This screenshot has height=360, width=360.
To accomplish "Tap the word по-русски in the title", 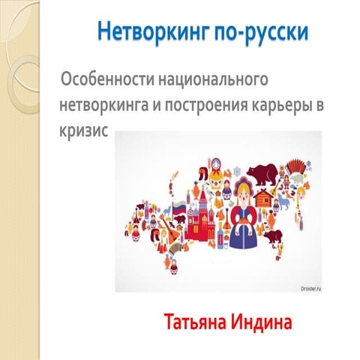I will click(244, 33).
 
